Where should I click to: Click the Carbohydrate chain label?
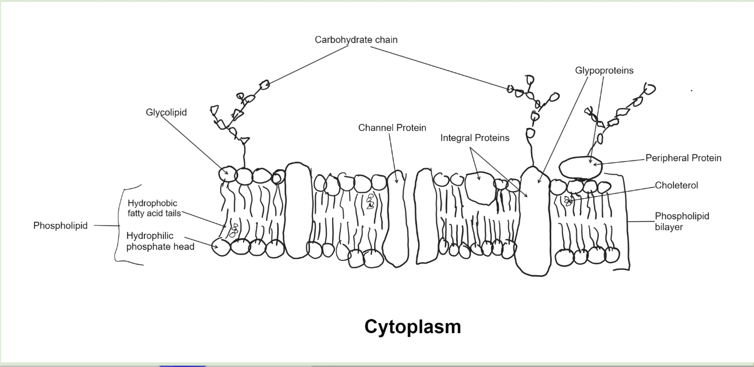click(356, 40)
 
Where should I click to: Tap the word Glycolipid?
click(166, 113)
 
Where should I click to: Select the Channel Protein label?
click(392, 127)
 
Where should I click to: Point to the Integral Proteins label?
click(475, 138)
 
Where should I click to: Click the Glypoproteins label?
click(604, 70)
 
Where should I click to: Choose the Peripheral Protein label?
click(683, 158)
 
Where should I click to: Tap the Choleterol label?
click(676, 186)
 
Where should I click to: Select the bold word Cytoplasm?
click(413, 327)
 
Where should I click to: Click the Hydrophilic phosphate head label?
click(160, 241)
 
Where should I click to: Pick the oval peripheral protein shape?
click(580, 167)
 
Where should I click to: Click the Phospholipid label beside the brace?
click(60, 226)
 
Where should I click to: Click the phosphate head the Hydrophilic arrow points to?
click(221, 247)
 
